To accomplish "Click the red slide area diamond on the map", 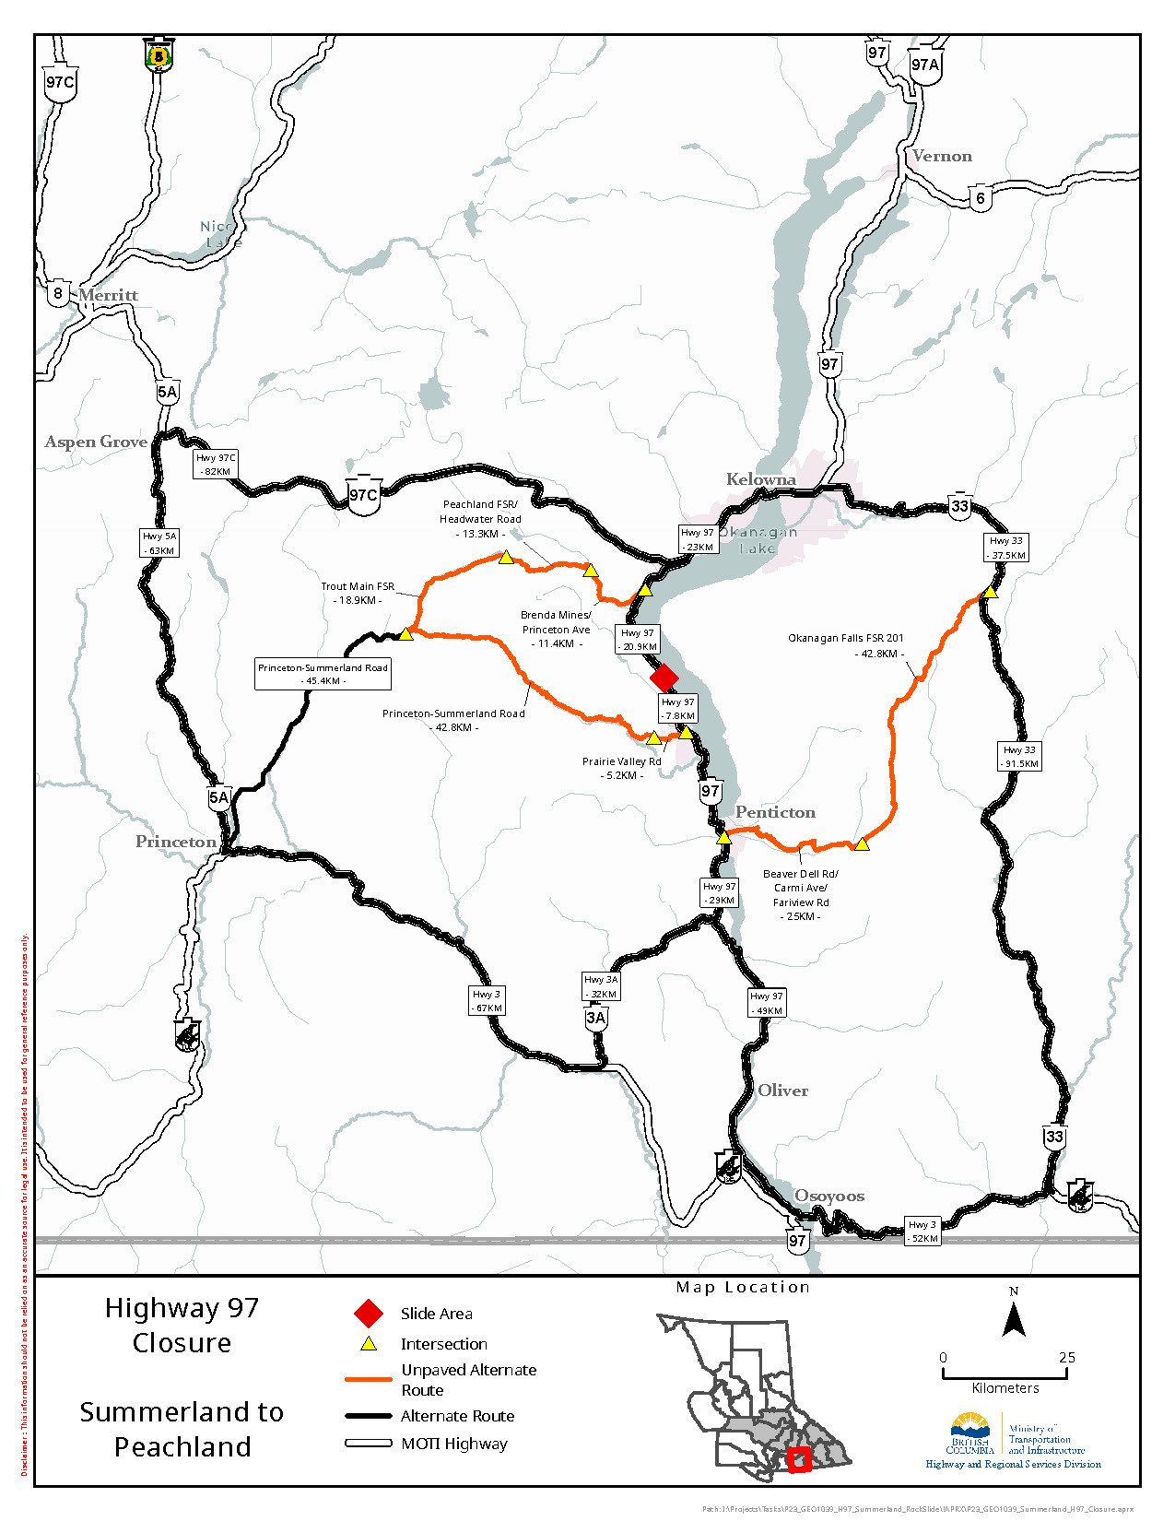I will (x=664, y=678).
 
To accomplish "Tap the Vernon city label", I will (x=942, y=157).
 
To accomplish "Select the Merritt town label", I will (x=108, y=295).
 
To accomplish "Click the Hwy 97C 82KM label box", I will (x=216, y=464).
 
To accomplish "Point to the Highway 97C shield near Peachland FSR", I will (x=363, y=495).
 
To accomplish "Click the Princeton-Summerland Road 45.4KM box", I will (x=323, y=674).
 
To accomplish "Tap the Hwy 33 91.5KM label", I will (x=1020, y=757).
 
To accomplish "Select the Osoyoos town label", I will (x=829, y=1196).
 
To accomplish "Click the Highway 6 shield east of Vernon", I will (x=981, y=198).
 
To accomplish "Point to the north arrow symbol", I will (x=1014, y=1321).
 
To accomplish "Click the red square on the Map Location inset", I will (x=799, y=1459).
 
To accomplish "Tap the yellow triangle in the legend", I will (x=369, y=1344).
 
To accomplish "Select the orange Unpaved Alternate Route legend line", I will (x=369, y=1380).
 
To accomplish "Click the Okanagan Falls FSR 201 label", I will (x=845, y=638).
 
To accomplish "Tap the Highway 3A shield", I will (x=596, y=1019).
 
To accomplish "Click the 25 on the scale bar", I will (x=1066, y=1358).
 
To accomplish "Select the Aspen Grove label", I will (x=96, y=442).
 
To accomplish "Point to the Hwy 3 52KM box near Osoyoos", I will (x=922, y=1232).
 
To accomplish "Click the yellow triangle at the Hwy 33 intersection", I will (x=990, y=592).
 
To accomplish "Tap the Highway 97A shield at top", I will (x=924, y=65).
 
